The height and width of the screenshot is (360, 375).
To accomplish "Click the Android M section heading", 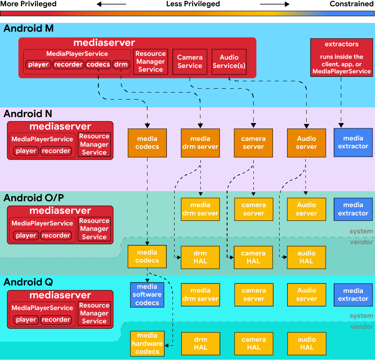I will [x=28, y=29].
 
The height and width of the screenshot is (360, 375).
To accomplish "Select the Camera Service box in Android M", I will [x=190, y=62].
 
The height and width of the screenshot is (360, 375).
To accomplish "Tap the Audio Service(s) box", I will [x=229, y=62].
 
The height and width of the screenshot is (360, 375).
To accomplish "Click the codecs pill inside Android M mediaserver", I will [x=98, y=65].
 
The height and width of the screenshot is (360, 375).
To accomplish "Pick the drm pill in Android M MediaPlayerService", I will [x=121, y=65].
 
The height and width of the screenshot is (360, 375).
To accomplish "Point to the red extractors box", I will [x=342, y=58].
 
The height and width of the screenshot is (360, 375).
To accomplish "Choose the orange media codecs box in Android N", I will [x=147, y=142].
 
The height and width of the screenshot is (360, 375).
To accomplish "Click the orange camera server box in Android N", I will [x=253, y=142].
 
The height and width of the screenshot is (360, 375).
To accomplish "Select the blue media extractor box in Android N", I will [x=353, y=142].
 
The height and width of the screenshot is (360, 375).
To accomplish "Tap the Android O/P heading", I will [x=33, y=198].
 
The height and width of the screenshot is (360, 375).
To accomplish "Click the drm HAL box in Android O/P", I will [x=200, y=257].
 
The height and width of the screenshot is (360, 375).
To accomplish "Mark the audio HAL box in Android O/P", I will [x=306, y=257].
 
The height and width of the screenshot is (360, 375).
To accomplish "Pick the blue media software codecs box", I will [x=147, y=295].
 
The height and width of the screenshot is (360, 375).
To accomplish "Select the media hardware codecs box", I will [x=147, y=343].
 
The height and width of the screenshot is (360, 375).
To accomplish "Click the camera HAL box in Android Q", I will [x=253, y=343].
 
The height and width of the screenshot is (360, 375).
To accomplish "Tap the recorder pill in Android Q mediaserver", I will [x=56, y=320].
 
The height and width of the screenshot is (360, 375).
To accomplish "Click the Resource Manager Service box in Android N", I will [x=94, y=145].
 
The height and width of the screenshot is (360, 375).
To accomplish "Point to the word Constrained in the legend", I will [x=351, y=4].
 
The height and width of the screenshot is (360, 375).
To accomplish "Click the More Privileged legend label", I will [x=28, y=4].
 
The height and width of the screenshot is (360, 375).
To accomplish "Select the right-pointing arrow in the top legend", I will [x=275, y=4].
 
